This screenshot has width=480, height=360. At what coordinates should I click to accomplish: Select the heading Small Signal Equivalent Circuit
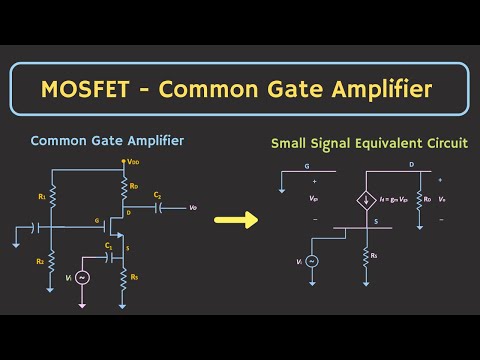369,144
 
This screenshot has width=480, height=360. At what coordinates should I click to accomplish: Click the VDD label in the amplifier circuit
133,161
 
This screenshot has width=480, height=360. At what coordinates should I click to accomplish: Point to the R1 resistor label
42,197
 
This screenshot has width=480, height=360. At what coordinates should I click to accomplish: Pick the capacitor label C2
157,194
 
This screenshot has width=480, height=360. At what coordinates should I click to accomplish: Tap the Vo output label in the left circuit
193,208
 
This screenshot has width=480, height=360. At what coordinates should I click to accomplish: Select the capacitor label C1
107,243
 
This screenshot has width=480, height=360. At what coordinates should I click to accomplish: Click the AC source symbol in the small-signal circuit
312,261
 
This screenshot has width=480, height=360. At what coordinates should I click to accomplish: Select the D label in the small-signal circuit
411,165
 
